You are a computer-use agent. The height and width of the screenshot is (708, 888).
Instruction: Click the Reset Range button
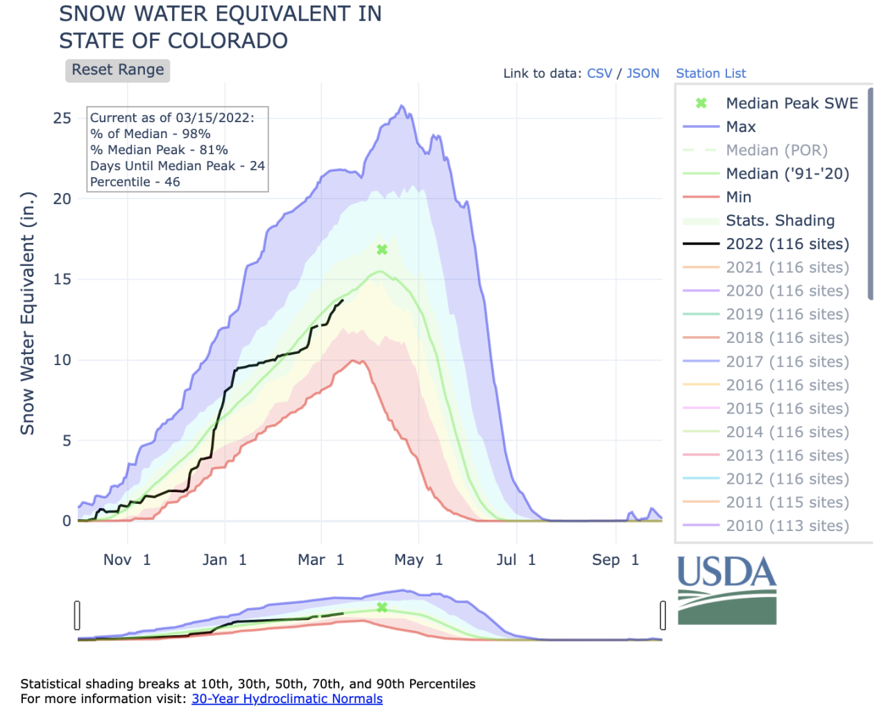[118, 70]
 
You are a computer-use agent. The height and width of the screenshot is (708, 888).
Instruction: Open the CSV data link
[599, 74]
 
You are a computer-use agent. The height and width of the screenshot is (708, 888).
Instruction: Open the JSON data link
[642, 74]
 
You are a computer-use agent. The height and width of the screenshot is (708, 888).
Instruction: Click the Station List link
[710, 74]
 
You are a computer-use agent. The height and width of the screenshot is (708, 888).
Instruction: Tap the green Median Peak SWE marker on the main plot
[382, 250]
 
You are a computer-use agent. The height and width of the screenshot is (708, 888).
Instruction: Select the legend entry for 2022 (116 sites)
[787, 244]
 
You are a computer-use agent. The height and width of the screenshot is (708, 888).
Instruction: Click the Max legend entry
[740, 127]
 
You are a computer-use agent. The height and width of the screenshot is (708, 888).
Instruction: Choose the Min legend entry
[738, 197]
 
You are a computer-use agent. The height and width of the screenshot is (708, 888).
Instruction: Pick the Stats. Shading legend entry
[780, 221]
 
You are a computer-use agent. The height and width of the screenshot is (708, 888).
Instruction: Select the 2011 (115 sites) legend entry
[787, 503]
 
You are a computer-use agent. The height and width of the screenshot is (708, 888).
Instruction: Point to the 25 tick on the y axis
[62, 118]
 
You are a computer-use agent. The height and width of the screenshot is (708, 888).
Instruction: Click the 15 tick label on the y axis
[62, 279]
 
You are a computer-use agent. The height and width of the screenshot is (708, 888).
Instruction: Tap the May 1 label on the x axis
[418, 560]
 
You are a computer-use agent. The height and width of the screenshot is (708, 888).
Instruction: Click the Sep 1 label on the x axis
[615, 560]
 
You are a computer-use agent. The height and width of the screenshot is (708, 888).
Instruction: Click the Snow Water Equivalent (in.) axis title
[27, 314]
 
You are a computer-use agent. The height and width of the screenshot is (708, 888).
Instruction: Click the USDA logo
[726, 590]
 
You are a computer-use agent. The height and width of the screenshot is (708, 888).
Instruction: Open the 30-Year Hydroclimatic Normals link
[287, 699]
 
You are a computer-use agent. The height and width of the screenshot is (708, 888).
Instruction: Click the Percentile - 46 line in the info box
[135, 182]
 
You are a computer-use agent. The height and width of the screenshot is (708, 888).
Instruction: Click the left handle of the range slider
[77, 615]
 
